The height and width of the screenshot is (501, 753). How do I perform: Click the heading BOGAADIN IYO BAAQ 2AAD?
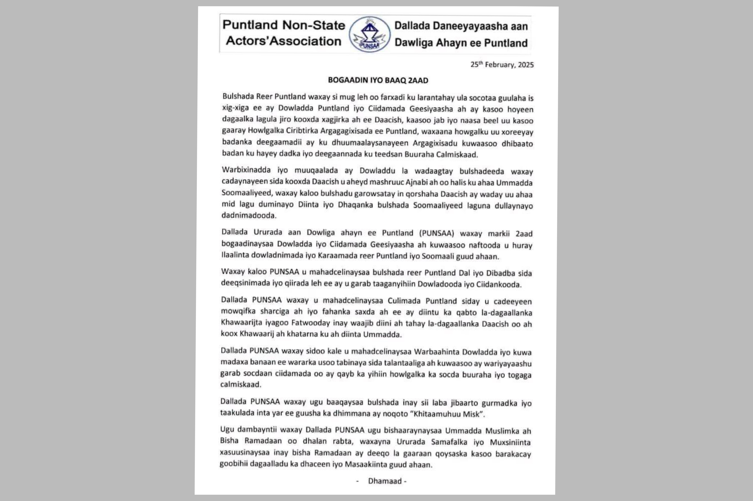(378, 80)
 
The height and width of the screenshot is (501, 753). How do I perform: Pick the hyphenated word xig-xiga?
(235, 108)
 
